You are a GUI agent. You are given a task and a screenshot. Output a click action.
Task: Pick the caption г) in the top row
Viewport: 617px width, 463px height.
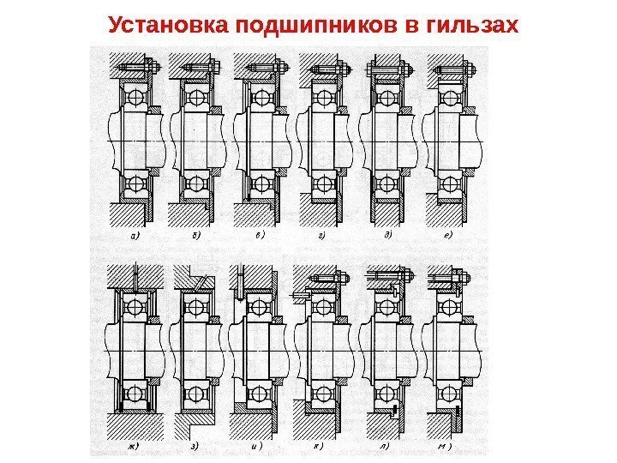point(321,231)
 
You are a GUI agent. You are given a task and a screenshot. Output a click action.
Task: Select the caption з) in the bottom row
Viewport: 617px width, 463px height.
point(195,447)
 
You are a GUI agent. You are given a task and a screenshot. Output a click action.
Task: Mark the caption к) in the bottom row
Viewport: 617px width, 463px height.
point(318,447)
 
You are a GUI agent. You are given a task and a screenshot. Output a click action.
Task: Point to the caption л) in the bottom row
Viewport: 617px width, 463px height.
point(382,447)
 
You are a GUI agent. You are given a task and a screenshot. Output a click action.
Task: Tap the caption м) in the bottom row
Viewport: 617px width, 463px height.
point(445,447)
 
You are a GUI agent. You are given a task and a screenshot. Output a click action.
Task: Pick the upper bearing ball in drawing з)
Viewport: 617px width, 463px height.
point(195,306)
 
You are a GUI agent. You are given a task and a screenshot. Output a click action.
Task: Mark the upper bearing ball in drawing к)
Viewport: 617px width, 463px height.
point(320,306)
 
